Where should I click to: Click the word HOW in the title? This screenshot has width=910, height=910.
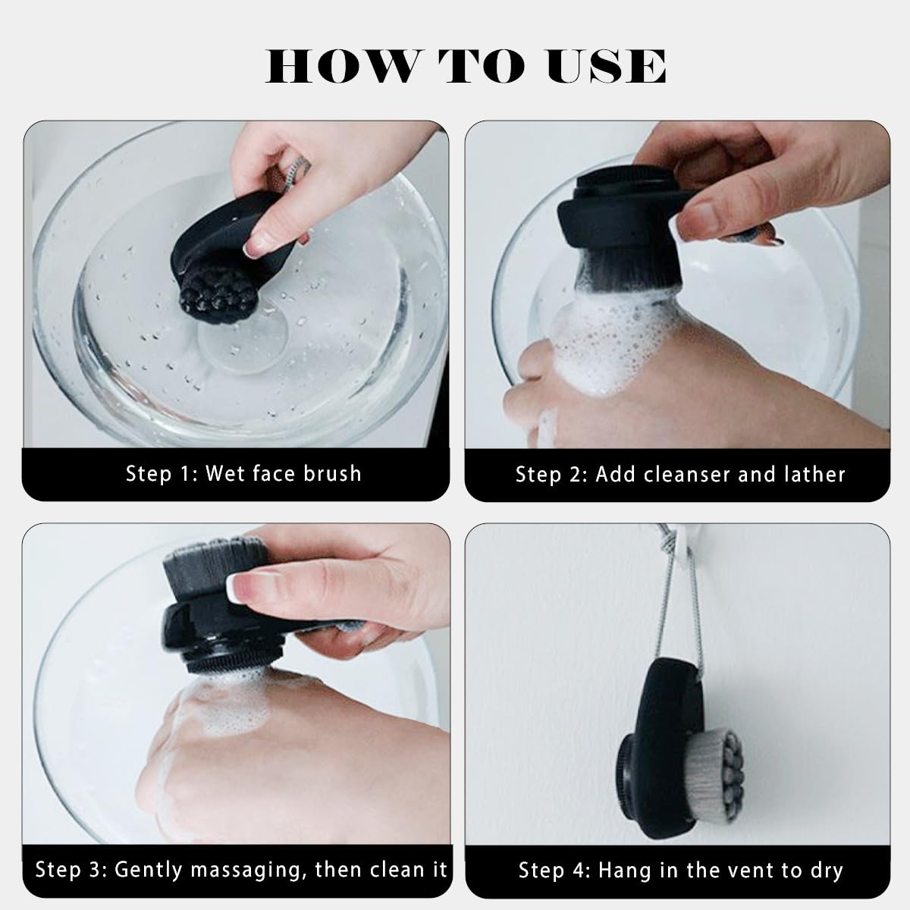click(x=339, y=66)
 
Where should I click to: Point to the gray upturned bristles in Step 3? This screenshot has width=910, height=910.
click(x=213, y=559)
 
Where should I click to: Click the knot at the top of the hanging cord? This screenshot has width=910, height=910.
click(x=668, y=544)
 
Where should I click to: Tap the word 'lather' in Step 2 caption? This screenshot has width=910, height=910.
click(x=813, y=474)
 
